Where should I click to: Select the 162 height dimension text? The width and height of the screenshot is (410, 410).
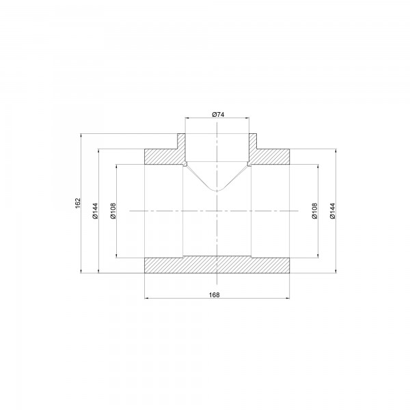pos(79,204)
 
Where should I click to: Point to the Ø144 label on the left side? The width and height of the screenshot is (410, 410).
pos(96,210)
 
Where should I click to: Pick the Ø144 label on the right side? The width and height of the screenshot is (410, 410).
pos(333,210)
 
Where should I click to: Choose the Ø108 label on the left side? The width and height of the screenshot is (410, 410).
pos(113,210)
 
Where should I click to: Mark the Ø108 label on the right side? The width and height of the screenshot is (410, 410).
pos(315,210)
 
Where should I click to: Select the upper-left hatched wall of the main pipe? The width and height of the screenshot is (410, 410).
pos(163,156)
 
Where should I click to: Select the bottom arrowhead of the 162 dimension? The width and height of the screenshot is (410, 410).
pos(82,272)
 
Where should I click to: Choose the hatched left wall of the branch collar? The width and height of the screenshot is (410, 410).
pos(182,142)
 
